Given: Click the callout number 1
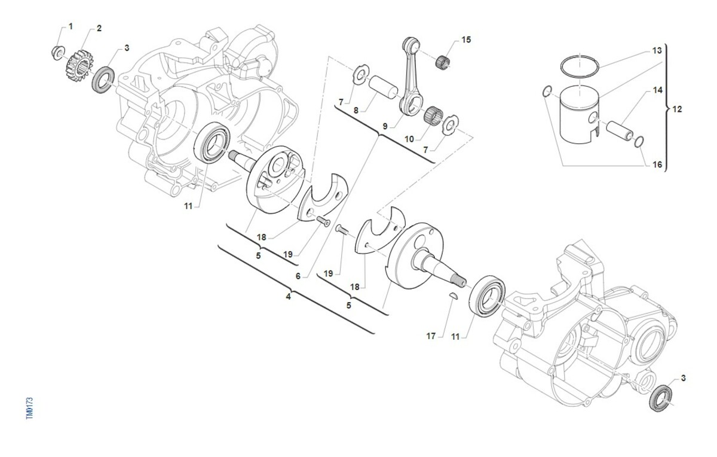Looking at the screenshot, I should (71, 26).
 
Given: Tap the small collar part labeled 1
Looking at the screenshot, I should (57, 52).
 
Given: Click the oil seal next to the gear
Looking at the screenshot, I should (103, 80).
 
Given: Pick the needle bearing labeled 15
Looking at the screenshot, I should (443, 60).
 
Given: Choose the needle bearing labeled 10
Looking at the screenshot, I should (432, 114).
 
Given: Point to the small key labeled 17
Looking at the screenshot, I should (454, 297).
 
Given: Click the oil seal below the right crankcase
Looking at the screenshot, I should (660, 397).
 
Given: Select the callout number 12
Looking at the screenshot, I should (677, 109).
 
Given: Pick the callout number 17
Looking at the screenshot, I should (431, 336).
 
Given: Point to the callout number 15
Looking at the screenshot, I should (466, 39).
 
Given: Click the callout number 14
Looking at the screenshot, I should (657, 90).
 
